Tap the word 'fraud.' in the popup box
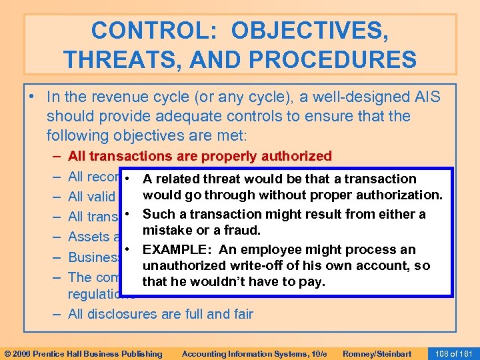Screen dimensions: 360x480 [242, 229]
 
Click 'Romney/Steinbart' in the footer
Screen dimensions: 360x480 [376, 353]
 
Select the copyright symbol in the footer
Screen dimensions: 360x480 [8, 353]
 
